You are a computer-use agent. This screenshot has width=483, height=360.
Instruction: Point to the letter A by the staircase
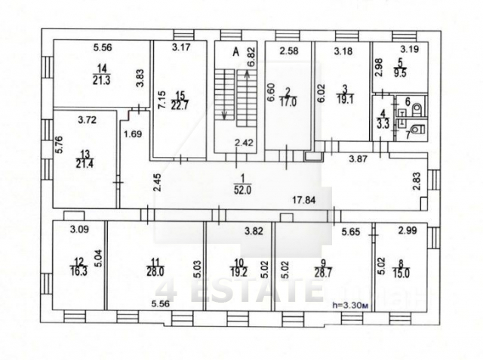point(235,52)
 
